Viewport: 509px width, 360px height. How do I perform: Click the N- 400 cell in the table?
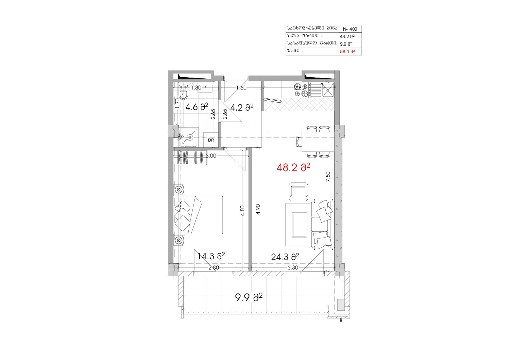(350, 29)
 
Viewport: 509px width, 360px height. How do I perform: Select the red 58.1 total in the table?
(347, 52)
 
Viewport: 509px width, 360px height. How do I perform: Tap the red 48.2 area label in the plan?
(293, 168)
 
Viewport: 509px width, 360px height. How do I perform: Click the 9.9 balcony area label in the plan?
(249, 297)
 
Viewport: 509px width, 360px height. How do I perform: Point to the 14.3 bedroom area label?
(211, 256)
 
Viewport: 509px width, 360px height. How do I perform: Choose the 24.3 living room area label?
(285, 257)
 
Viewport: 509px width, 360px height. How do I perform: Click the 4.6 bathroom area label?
(197, 107)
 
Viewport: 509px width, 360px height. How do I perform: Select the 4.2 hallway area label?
(242, 107)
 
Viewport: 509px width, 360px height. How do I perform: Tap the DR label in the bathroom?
(211, 140)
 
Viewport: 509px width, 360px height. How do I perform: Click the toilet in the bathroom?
(183, 94)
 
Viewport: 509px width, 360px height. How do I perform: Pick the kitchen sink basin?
(327, 90)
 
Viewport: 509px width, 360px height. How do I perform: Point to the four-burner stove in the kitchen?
(302, 90)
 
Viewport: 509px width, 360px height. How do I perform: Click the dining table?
(318, 142)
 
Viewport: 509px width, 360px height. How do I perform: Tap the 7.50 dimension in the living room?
(328, 177)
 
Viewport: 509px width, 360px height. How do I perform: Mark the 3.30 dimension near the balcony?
(293, 268)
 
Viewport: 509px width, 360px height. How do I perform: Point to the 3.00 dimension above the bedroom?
(211, 156)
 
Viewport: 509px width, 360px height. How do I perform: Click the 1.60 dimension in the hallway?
(241, 87)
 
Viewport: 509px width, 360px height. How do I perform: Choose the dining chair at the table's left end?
(299, 142)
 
